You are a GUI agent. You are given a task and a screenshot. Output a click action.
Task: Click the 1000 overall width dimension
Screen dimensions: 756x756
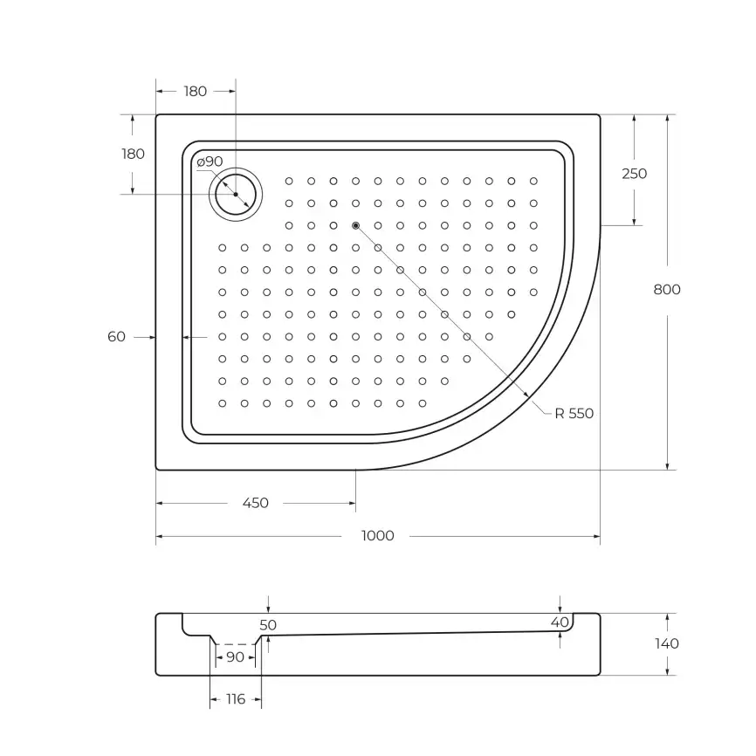(x=377, y=536)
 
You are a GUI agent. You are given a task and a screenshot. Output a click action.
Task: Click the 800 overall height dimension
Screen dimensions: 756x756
(x=667, y=290)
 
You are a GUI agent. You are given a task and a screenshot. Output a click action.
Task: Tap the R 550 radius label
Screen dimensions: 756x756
(x=574, y=414)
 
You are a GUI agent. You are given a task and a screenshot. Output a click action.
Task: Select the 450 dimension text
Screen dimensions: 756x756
(x=255, y=503)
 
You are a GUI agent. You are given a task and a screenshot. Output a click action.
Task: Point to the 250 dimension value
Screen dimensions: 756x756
(x=634, y=174)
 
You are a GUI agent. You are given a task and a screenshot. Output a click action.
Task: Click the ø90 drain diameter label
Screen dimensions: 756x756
(x=210, y=162)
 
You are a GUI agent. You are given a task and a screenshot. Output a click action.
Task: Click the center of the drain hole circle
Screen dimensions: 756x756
(x=236, y=194)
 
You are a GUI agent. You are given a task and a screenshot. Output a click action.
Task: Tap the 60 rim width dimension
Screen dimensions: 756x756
(x=117, y=336)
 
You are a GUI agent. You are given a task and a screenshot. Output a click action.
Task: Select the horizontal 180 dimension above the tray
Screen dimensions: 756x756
(x=196, y=91)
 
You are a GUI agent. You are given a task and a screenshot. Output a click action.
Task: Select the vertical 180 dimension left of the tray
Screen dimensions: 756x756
(x=133, y=154)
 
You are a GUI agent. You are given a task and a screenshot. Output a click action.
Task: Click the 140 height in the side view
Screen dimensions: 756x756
(x=666, y=643)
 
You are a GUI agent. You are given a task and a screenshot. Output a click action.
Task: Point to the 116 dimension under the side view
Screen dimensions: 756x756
(x=235, y=699)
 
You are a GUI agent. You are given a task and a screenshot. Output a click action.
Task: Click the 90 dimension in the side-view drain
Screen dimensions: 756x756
(x=235, y=657)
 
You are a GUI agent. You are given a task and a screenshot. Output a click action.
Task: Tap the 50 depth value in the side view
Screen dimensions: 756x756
(x=268, y=625)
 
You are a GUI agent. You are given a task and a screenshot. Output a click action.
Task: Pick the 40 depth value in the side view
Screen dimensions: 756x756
(x=560, y=622)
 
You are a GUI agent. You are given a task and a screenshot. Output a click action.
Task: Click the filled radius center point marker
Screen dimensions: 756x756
(x=355, y=225)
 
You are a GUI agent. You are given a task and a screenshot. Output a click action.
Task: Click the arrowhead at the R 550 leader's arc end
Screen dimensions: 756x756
(x=527, y=397)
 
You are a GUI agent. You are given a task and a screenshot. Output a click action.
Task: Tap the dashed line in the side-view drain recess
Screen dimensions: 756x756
(x=235, y=644)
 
